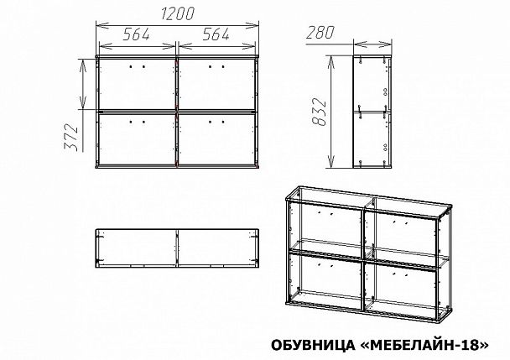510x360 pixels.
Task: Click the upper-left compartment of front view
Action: [137, 84]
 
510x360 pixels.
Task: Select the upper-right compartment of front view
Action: [216, 84]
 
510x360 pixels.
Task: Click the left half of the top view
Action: [137, 248]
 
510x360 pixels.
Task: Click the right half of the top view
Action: [216, 248]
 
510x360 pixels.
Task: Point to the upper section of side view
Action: [372, 84]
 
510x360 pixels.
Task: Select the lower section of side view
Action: [372, 138]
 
